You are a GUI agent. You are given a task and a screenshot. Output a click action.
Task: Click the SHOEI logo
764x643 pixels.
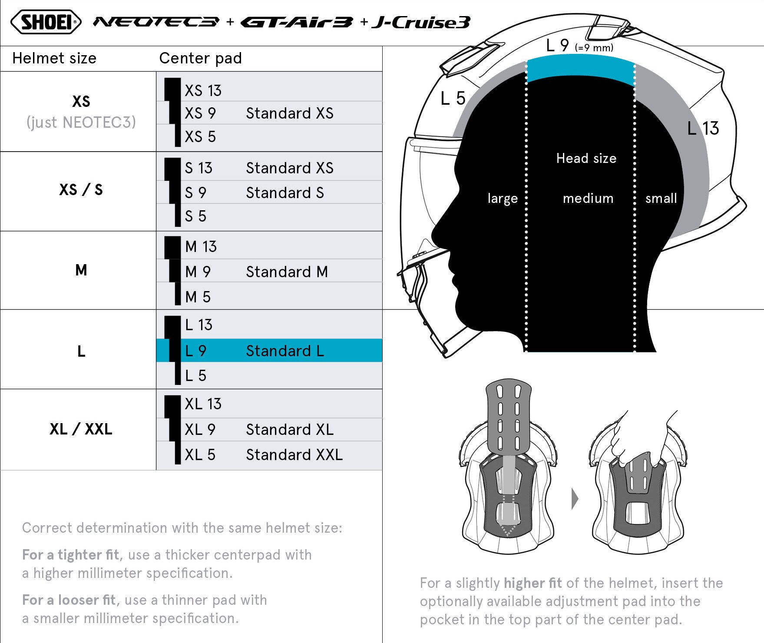click(x=46, y=22)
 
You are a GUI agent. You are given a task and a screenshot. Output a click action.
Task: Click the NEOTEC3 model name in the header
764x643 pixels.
click(x=156, y=22)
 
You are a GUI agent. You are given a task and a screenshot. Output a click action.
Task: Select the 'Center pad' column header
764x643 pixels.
click(x=201, y=58)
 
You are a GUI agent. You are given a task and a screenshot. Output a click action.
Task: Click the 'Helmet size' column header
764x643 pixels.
click(x=54, y=58)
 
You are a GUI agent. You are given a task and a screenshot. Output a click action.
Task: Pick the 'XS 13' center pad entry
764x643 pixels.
click(x=203, y=90)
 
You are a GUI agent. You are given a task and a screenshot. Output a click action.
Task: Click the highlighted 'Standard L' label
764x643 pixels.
click(x=285, y=351)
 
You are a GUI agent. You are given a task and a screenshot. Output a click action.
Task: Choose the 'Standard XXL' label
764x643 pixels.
click(x=294, y=454)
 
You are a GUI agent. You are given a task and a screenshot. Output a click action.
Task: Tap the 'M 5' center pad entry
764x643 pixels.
click(x=198, y=297)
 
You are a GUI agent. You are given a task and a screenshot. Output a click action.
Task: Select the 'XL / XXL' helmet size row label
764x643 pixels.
click(x=81, y=429)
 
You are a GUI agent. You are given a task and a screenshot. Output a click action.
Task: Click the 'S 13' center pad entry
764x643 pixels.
click(x=198, y=168)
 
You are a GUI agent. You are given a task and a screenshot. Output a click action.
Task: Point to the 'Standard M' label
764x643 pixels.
click(x=287, y=272)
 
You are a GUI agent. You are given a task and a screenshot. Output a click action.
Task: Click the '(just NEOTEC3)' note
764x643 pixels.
click(x=81, y=123)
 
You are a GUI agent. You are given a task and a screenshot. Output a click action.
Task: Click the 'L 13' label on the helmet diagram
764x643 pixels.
click(x=703, y=128)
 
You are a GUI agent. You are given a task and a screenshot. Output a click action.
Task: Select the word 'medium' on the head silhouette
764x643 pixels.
click(x=588, y=199)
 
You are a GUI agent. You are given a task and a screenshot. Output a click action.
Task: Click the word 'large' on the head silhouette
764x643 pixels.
click(x=503, y=199)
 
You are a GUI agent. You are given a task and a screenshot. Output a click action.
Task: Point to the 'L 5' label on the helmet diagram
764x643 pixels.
click(x=453, y=98)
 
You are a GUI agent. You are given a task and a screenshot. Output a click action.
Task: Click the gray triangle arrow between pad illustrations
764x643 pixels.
click(x=575, y=499)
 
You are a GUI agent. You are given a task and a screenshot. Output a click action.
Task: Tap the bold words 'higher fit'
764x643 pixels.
click(x=533, y=583)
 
